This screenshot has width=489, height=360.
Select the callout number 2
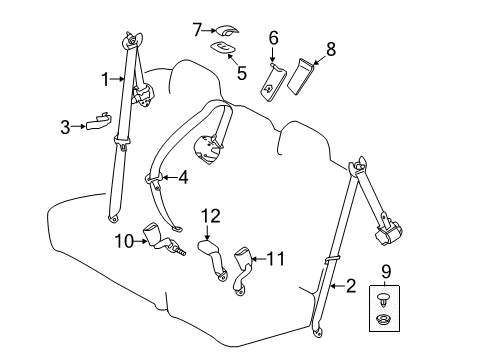coord(349,287)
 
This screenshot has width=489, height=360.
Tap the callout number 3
coord(65,127)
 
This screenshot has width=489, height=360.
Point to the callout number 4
coord(182,179)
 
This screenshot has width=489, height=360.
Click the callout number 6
coord(272,38)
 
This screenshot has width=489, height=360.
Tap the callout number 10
coord(122,239)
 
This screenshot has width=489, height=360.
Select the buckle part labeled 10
coord(160,236)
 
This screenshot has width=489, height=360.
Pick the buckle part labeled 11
coord(241,268)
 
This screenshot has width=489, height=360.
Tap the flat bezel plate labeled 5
coord(221,47)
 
